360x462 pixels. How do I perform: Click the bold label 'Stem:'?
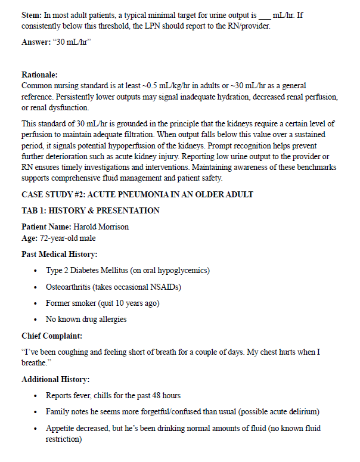[x=32, y=15]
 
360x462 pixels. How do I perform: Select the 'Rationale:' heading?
[x=39, y=75]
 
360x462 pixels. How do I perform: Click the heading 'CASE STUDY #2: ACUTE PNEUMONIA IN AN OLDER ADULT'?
[x=138, y=194]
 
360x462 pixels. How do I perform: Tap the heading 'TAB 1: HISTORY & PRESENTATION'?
[x=91, y=210]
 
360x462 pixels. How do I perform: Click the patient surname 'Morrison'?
[x=111, y=227]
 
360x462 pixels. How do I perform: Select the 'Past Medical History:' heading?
[x=59, y=255]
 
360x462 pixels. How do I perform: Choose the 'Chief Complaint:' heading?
[x=51, y=336]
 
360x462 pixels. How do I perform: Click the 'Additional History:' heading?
[x=55, y=379]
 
